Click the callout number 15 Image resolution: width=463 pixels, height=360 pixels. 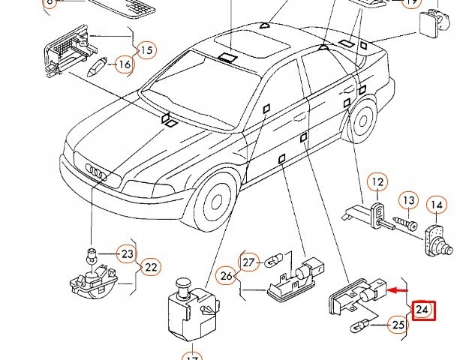pos(146,50)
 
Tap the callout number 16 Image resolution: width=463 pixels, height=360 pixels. pos(124,65)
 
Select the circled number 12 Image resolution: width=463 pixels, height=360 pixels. pos(377,181)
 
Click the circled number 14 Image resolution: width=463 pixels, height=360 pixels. pos(437,204)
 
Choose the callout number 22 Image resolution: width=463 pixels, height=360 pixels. pos(151,266)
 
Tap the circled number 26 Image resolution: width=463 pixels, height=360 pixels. pos(227,275)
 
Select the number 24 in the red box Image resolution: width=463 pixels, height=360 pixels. pos(422,310)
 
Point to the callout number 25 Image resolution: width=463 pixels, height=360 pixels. pos(398,325)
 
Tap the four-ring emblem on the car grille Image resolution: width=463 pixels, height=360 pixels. pos(98,172)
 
